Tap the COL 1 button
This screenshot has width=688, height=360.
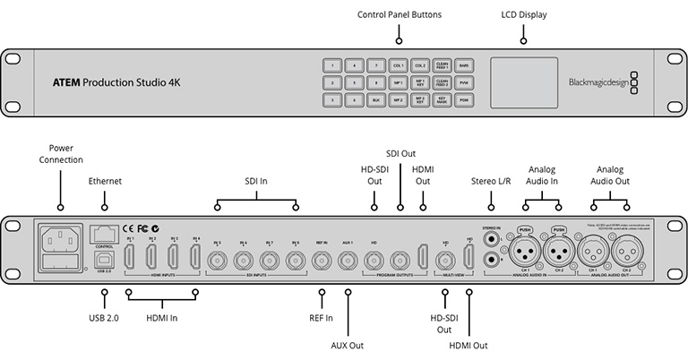point(399,65)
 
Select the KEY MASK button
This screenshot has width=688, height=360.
point(443,99)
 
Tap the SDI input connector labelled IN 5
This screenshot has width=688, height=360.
point(218,261)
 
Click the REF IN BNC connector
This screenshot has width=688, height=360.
point(322,261)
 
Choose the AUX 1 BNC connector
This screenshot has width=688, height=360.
point(348,261)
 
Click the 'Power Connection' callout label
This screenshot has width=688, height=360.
point(61,153)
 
